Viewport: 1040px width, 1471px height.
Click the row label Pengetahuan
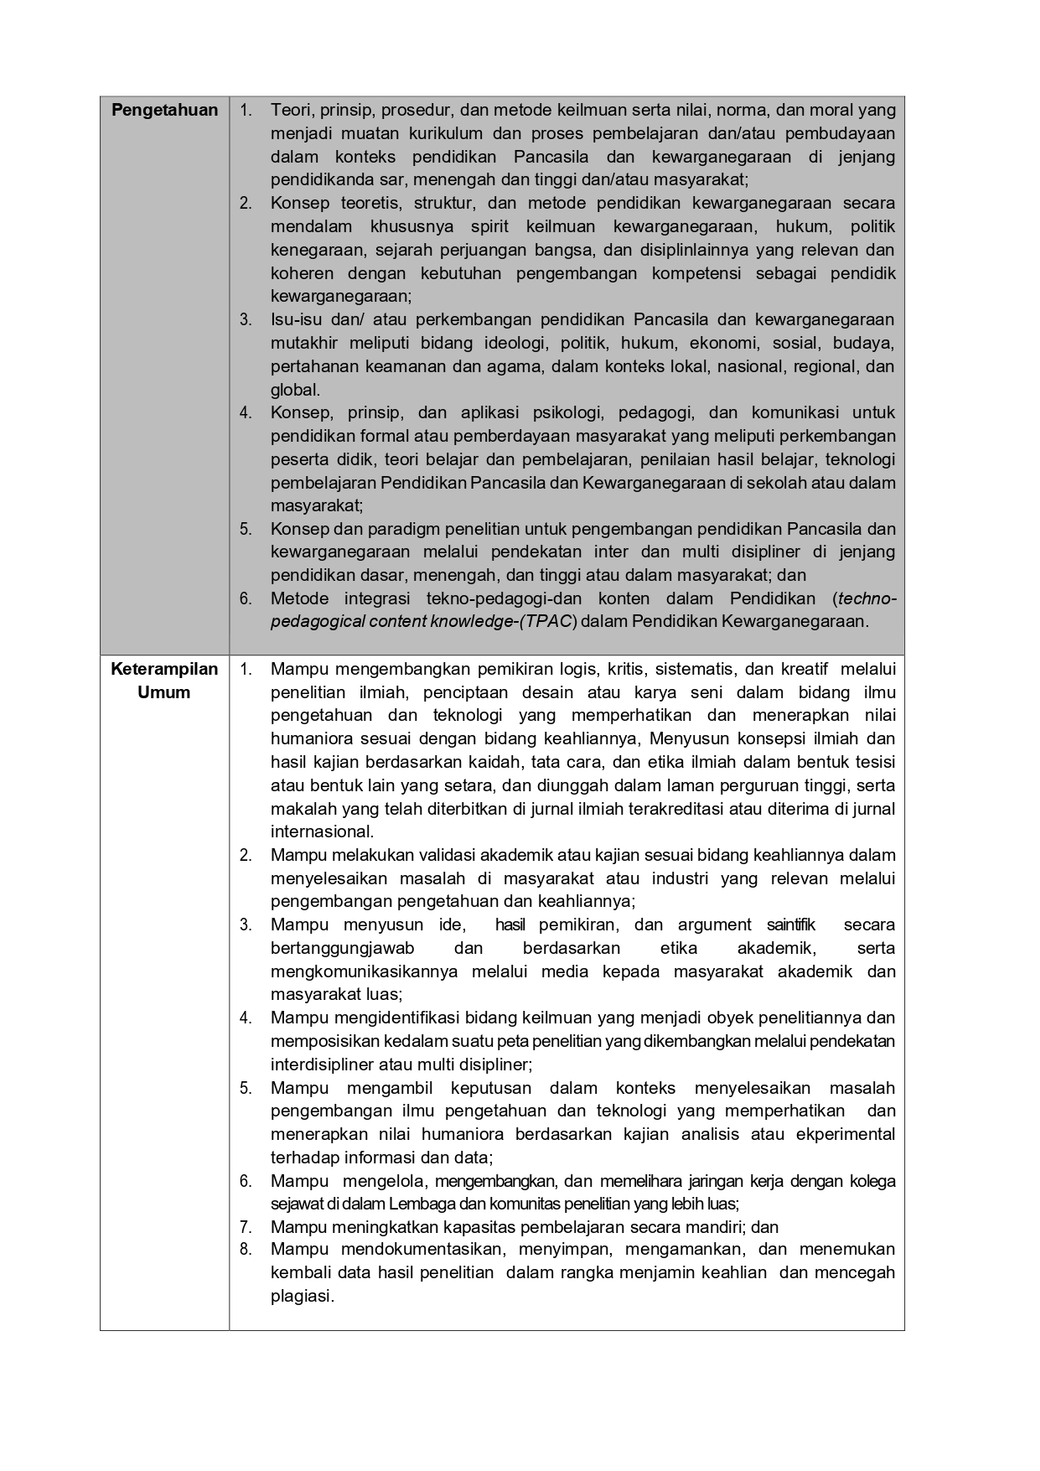coord(164,110)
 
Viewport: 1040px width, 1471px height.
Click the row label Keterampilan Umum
coord(164,681)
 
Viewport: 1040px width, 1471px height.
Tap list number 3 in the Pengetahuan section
coord(245,319)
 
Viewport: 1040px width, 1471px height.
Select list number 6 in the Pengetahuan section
coord(245,598)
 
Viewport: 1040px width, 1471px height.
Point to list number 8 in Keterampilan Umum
coord(245,1249)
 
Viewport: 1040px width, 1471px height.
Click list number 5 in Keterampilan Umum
coord(245,1088)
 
